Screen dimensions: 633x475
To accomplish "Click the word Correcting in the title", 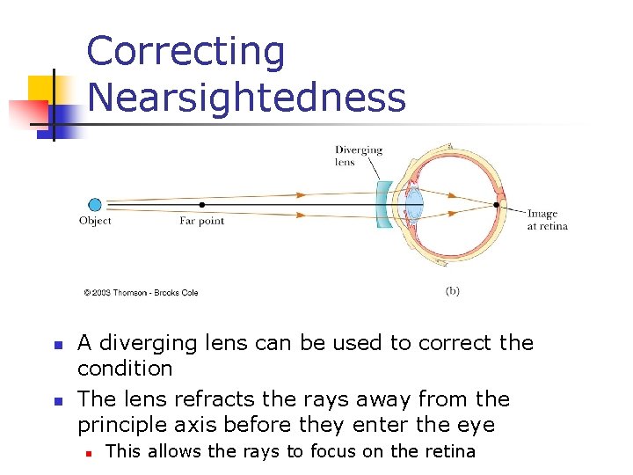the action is (186, 52).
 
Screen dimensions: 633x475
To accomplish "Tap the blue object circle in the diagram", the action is (94, 205).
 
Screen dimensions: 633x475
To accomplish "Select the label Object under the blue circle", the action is (95, 222).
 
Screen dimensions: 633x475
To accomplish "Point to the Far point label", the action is (202, 222).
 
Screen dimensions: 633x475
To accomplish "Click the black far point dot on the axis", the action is (202, 205).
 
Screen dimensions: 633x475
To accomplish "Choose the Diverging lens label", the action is (359, 156).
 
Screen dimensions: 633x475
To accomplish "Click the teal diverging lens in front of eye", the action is (384, 205).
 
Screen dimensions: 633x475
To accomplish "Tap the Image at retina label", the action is (547, 220).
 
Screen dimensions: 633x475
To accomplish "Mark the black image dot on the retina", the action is (498, 205).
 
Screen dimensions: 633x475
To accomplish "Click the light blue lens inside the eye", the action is (414, 205).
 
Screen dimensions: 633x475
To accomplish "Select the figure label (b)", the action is (452, 290).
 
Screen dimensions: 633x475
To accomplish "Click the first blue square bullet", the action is (55, 345).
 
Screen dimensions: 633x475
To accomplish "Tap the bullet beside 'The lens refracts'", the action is (55, 401).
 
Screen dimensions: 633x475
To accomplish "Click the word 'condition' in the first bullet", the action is (125, 368).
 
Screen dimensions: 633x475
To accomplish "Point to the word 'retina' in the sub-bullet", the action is (449, 452).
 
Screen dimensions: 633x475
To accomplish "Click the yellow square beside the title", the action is (40, 89).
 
